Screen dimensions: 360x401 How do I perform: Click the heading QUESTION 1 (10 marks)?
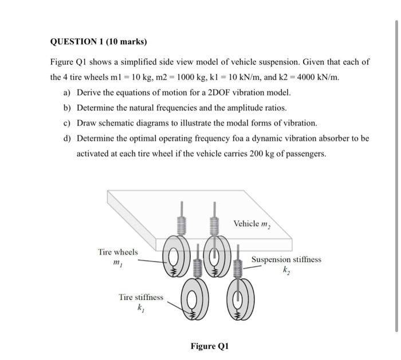coord(99,42)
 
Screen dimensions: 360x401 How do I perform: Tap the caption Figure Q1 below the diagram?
coord(209,346)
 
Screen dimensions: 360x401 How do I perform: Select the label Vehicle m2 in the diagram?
coord(251,223)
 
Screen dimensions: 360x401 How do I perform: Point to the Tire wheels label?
coord(118,252)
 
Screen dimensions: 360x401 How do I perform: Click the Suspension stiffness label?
coord(286,259)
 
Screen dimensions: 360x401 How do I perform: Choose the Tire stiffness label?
coord(140,297)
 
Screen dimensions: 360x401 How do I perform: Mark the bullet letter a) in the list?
coord(68,92)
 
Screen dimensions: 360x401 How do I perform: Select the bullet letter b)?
coord(68,108)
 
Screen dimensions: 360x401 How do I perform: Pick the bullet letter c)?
coord(68,123)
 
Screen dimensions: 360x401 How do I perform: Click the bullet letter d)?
coord(68,139)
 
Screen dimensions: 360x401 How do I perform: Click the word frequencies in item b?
coord(174,108)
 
